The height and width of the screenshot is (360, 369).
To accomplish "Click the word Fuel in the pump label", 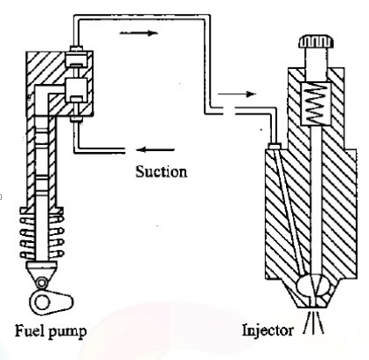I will [29, 331].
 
